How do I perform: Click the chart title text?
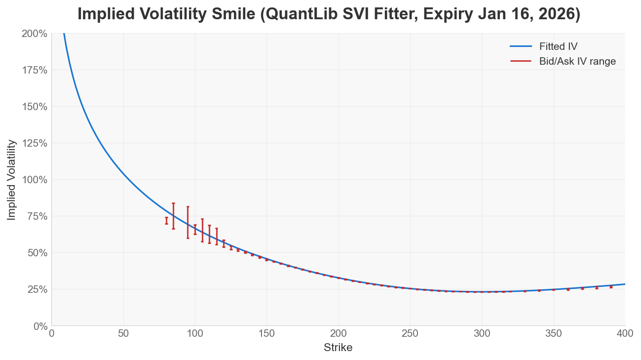329,14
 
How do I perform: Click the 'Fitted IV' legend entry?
558,46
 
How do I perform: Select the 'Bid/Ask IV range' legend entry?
577,61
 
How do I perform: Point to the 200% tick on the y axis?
35,34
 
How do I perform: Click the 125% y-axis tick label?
35,143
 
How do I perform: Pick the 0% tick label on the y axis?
39,326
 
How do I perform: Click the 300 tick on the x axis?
482,333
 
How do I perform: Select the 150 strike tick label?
266,333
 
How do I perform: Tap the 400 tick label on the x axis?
625,333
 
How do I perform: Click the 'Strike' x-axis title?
338,348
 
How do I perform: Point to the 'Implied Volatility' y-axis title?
11,180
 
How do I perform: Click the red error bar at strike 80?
166,221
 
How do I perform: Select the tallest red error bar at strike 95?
188,222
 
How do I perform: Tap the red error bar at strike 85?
173,216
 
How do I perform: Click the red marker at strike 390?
611,286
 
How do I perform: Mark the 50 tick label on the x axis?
123,333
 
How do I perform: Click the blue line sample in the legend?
521,46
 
